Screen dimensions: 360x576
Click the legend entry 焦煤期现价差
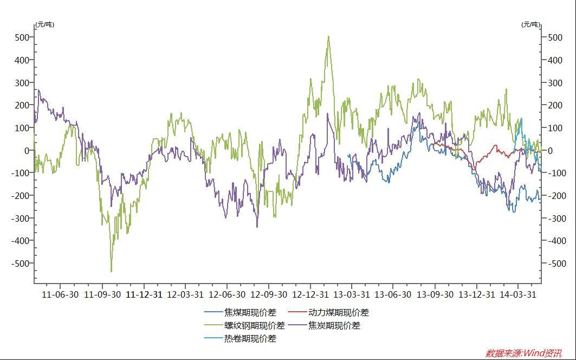pos(250,312)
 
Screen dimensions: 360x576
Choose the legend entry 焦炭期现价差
pos(334,325)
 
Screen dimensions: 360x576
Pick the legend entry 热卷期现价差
pos(250,338)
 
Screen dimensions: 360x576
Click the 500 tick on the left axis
pos(22,37)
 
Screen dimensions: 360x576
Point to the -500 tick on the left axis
pos(21,263)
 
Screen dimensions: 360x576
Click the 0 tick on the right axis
pos(551,151)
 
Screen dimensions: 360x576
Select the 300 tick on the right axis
pos(555,83)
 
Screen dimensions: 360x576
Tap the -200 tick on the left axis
pos(21,196)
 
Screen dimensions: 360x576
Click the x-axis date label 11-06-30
pos(60,294)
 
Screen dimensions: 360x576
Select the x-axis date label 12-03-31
pos(185,294)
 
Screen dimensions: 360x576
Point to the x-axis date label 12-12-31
pos(310,294)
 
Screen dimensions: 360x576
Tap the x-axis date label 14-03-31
pos(518,294)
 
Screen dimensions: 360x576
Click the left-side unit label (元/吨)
pos(44,24)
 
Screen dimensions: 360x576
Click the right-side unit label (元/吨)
pos(530,24)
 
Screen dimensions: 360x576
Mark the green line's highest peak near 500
pos(328,36)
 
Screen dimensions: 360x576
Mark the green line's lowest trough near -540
pos(111,271)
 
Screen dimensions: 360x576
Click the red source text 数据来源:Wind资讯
pos(523,353)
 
